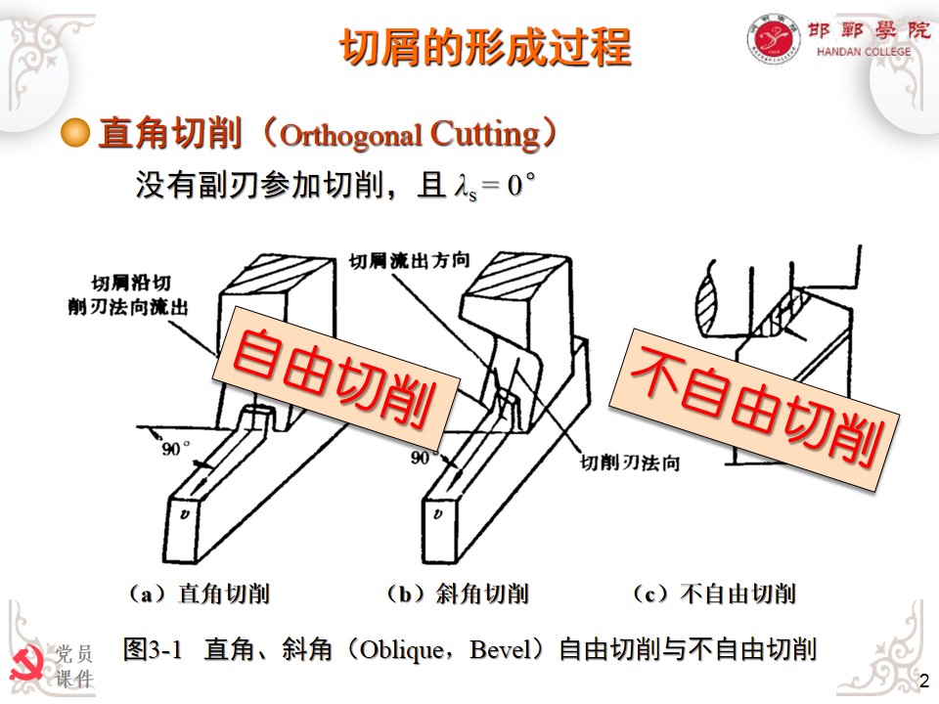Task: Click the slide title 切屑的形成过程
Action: point(485,47)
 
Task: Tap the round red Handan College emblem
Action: point(774,39)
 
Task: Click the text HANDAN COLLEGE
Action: point(864,52)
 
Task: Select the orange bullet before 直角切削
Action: point(75,132)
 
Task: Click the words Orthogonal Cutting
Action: point(410,134)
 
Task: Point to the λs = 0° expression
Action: point(495,185)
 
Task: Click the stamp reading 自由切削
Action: point(335,377)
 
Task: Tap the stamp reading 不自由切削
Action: point(755,410)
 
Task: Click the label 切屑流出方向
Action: point(410,261)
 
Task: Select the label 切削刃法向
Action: point(630,462)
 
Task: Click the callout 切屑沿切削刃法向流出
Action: point(128,294)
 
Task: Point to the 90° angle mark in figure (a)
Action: point(175,448)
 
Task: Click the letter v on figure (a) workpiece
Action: point(185,513)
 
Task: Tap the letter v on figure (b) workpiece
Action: point(438,513)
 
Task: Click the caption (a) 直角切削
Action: point(199,594)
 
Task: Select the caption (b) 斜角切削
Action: point(457,594)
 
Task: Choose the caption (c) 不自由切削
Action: point(714,594)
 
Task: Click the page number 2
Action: point(924,681)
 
